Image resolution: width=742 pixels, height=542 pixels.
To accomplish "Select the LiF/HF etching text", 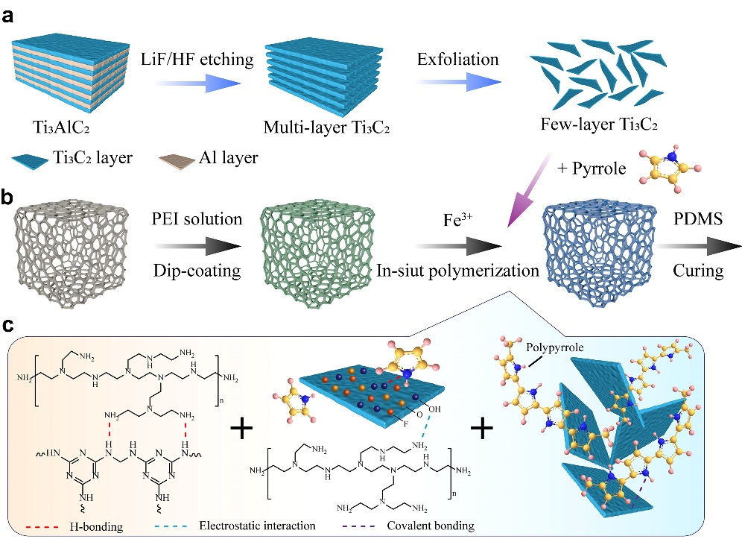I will click(x=191, y=54).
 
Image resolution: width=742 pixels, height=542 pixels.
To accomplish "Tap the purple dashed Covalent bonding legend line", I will click(x=358, y=526).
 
